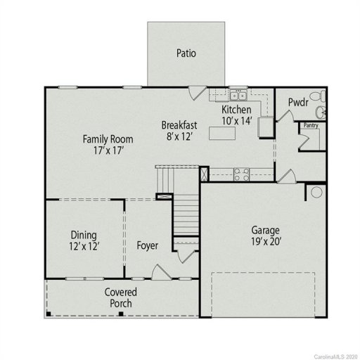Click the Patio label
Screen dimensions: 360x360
click(x=186, y=53)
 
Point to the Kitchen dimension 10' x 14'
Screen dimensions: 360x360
click(x=236, y=121)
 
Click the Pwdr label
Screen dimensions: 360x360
click(x=298, y=103)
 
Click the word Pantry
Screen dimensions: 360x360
click(x=310, y=126)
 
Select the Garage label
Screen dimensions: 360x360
click(x=266, y=230)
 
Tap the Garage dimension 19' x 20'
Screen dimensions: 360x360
click(x=266, y=243)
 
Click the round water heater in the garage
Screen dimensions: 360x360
click(x=316, y=192)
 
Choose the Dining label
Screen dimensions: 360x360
click(x=84, y=235)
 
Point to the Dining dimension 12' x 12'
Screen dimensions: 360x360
click(x=84, y=246)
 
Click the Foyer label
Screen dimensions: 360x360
click(x=147, y=245)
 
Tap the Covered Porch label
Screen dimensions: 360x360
click(x=120, y=297)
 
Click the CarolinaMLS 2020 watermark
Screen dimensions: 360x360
click(x=331, y=354)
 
